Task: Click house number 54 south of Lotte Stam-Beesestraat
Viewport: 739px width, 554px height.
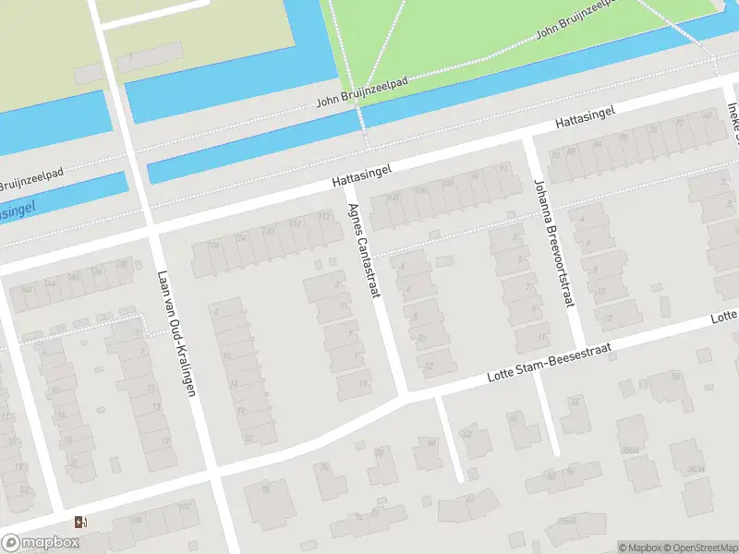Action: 575,403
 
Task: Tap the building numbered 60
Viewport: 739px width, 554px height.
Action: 512,419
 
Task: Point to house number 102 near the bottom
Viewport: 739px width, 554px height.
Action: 185,507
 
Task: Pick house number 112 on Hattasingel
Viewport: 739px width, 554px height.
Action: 323,216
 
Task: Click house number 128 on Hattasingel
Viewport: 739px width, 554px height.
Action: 213,245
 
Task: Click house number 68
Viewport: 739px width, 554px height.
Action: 430,442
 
